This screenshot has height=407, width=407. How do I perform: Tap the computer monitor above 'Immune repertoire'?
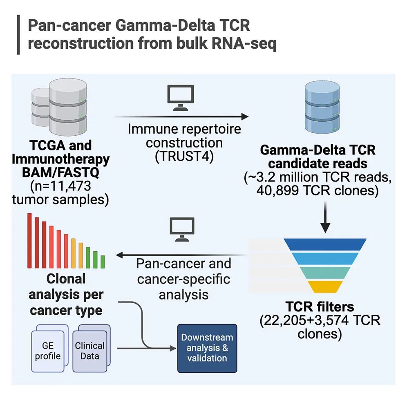point(180,98)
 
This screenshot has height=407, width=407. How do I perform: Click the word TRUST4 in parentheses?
point(184,157)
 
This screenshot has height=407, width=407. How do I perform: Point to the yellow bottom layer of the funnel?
point(325,286)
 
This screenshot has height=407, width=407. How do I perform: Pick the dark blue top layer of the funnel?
point(325,244)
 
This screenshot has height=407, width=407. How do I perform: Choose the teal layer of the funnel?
point(325,273)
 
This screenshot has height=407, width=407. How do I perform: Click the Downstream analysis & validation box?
point(207,348)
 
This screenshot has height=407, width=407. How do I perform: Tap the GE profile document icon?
point(49,348)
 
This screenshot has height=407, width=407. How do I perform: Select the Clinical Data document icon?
point(92,348)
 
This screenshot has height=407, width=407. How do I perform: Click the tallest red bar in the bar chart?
point(29,241)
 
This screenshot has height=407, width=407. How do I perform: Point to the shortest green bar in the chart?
point(103,262)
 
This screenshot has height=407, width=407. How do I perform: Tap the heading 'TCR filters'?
point(320,306)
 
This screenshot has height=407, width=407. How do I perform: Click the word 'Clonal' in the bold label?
point(66,279)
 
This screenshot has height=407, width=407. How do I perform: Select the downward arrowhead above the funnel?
point(325,228)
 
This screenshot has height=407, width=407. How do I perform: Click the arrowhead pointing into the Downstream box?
point(173,348)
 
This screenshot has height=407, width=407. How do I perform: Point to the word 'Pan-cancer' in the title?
point(69,25)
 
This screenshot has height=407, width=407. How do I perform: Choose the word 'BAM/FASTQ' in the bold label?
point(60,172)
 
